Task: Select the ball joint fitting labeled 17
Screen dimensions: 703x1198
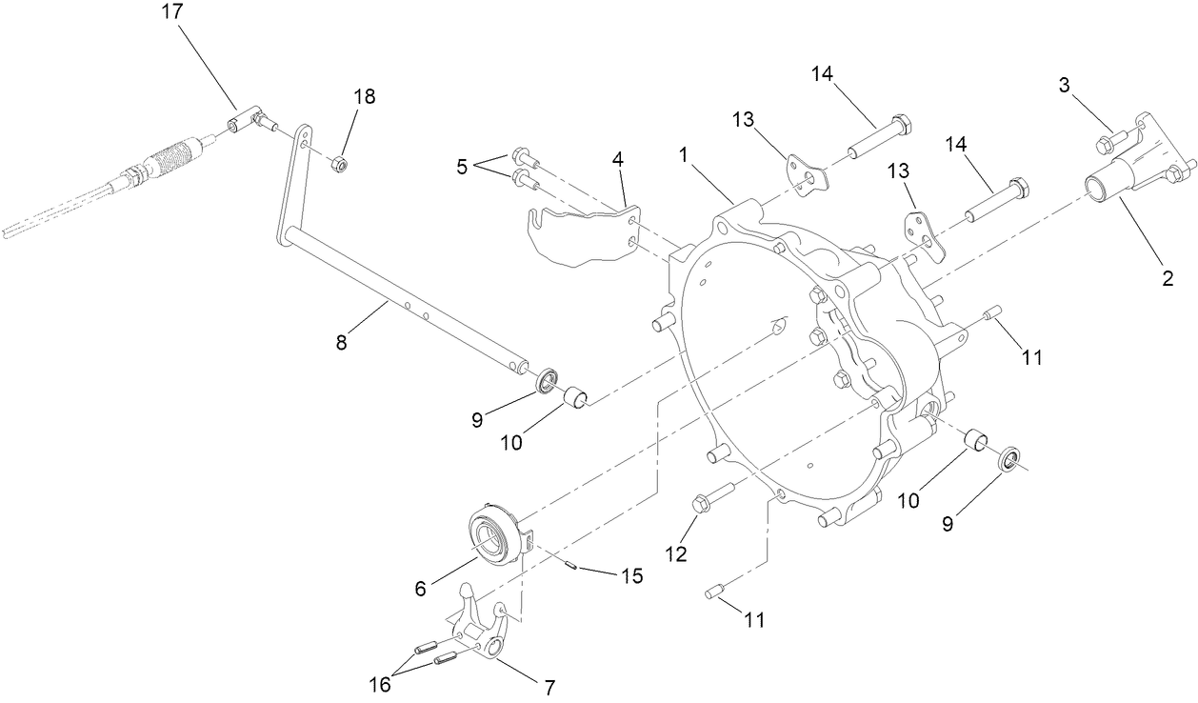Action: (x=246, y=121)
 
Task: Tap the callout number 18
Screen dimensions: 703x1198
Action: (x=364, y=96)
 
